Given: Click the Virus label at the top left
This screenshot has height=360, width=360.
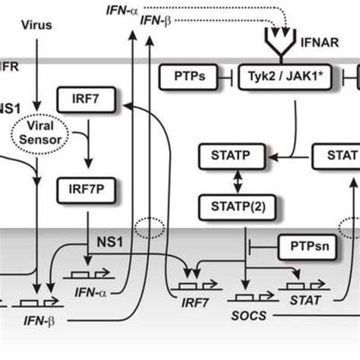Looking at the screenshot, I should (37, 24).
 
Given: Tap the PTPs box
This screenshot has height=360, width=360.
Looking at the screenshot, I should (185, 77).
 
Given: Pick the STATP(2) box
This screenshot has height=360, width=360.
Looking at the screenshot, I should (226, 205).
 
